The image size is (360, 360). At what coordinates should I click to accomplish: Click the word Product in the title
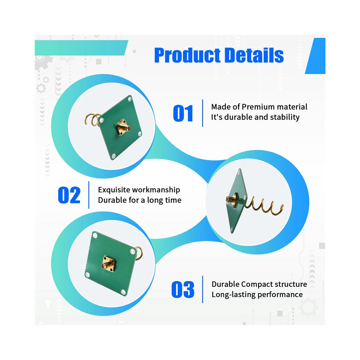pyautogui.click(x=188, y=55)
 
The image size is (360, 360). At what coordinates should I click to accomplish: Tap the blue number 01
pyautogui.click(x=183, y=113)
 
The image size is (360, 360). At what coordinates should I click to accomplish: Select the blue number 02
pyautogui.click(x=69, y=195)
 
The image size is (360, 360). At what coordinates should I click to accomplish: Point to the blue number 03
pyautogui.click(x=183, y=289)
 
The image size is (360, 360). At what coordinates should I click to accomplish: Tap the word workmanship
pyautogui.click(x=156, y=190)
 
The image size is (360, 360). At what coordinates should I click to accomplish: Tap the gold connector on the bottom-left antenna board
pyautogui.click(x=108, y=264)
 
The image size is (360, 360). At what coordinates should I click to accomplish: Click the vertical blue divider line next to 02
pyautogui.click(x=89, y=195)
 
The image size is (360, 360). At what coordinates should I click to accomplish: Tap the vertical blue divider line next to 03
pyautogui.click(x=203, y=289)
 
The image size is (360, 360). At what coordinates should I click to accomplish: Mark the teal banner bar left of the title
pyautogui.click(x=81, y=48)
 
